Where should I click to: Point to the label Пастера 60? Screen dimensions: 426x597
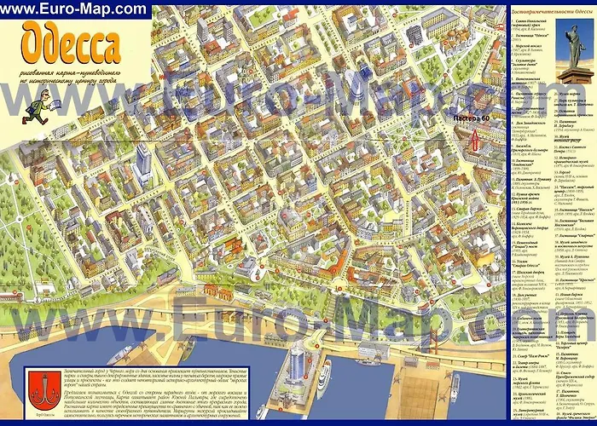point(472,117)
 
